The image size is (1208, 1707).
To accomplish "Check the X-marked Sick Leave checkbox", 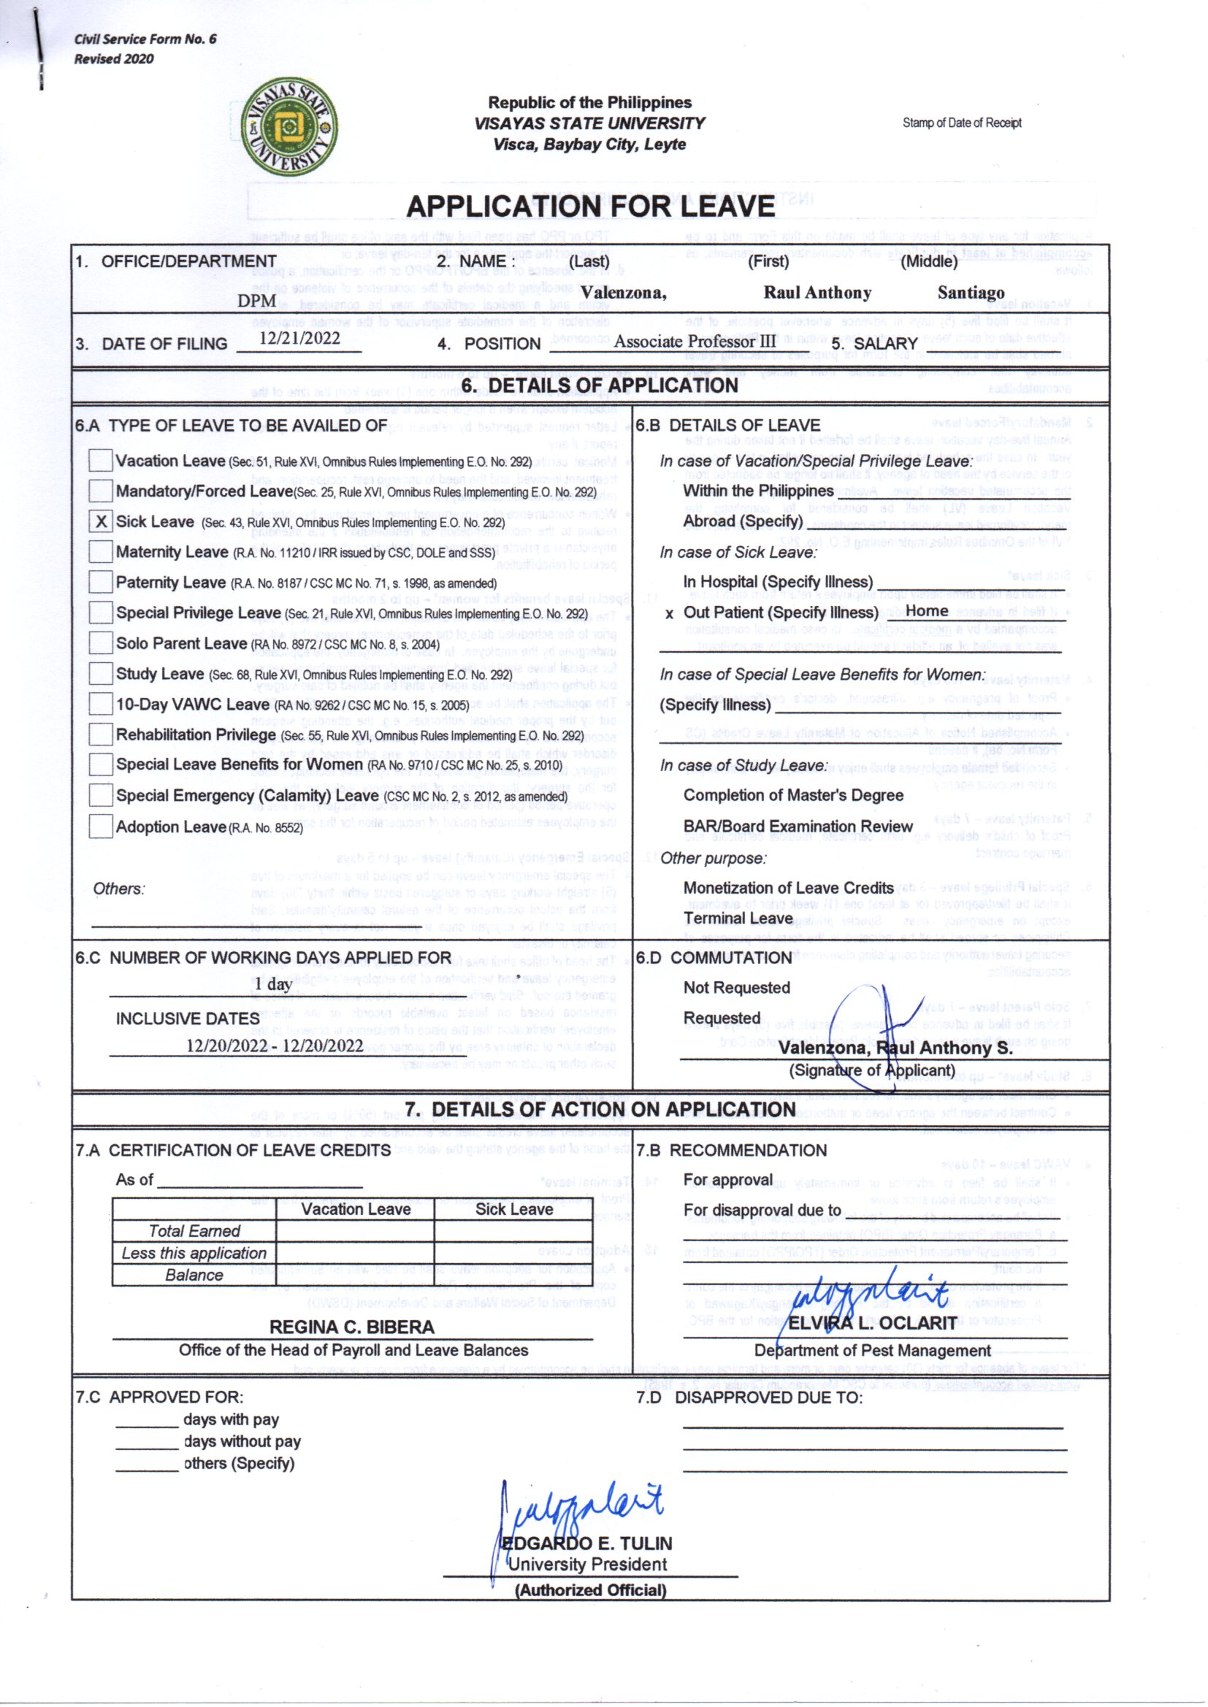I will point(100,521).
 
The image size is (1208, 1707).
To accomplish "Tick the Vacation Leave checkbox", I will point(100,460).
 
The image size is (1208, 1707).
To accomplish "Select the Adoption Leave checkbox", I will point(100,826).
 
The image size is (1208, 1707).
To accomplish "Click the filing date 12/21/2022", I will point(299,338).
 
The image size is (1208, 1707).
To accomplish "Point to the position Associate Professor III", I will point(694,341).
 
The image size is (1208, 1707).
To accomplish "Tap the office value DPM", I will point(256,301).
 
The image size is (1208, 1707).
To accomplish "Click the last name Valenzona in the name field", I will point(623,292).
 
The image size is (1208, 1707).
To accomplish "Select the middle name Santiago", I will point(971,292).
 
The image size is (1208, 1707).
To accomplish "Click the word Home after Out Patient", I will point(927,611).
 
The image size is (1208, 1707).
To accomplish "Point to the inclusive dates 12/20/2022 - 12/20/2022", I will point(275,1046).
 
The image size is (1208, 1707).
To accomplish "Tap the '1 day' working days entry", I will point(272,983).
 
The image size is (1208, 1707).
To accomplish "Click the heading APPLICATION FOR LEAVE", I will point(591,206).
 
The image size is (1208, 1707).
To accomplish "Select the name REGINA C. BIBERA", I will point(352,1327).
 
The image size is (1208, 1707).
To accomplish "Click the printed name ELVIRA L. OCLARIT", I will point(873,1323).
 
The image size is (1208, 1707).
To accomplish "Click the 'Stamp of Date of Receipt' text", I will point(962,123).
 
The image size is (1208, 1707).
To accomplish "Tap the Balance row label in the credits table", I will point(194,1275).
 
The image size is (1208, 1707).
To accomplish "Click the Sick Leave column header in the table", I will point(514,1210).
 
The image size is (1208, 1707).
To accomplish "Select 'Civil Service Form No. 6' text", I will point(145,39).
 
